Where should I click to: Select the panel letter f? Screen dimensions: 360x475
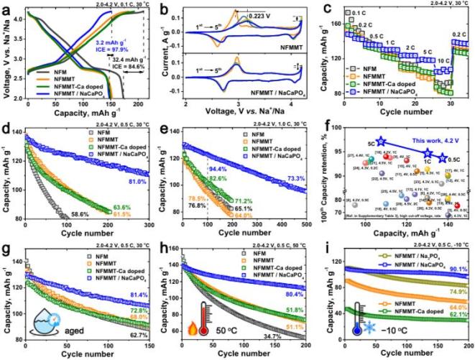[329, 129]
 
